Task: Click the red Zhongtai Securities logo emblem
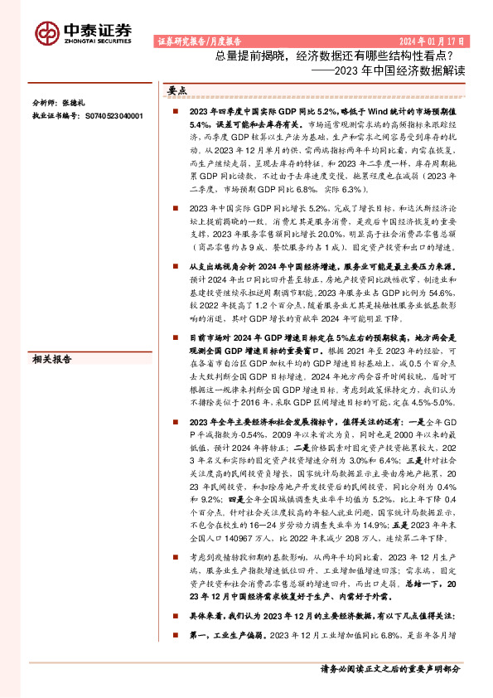[x=48, y=32]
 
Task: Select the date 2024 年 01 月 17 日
[x=432, y=40]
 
